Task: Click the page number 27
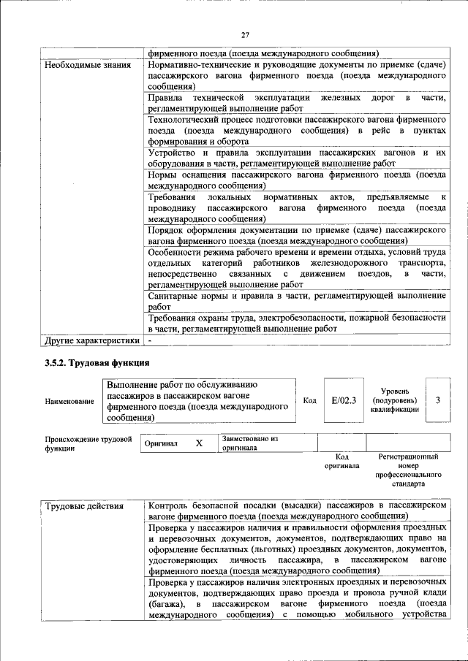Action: point(246,34)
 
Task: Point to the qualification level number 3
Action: point(437,400)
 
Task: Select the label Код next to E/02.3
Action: point(309,400)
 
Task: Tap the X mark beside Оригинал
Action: point(198,443)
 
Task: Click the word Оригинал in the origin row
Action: point(161,443)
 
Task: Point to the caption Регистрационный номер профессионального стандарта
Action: point(408,470)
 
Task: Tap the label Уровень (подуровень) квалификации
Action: point(394,401)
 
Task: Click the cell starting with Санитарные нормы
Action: point(296,302)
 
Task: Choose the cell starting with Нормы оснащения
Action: point(296,180)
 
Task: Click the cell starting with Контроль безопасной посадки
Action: point(296,511)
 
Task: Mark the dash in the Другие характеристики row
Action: point(150,340)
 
